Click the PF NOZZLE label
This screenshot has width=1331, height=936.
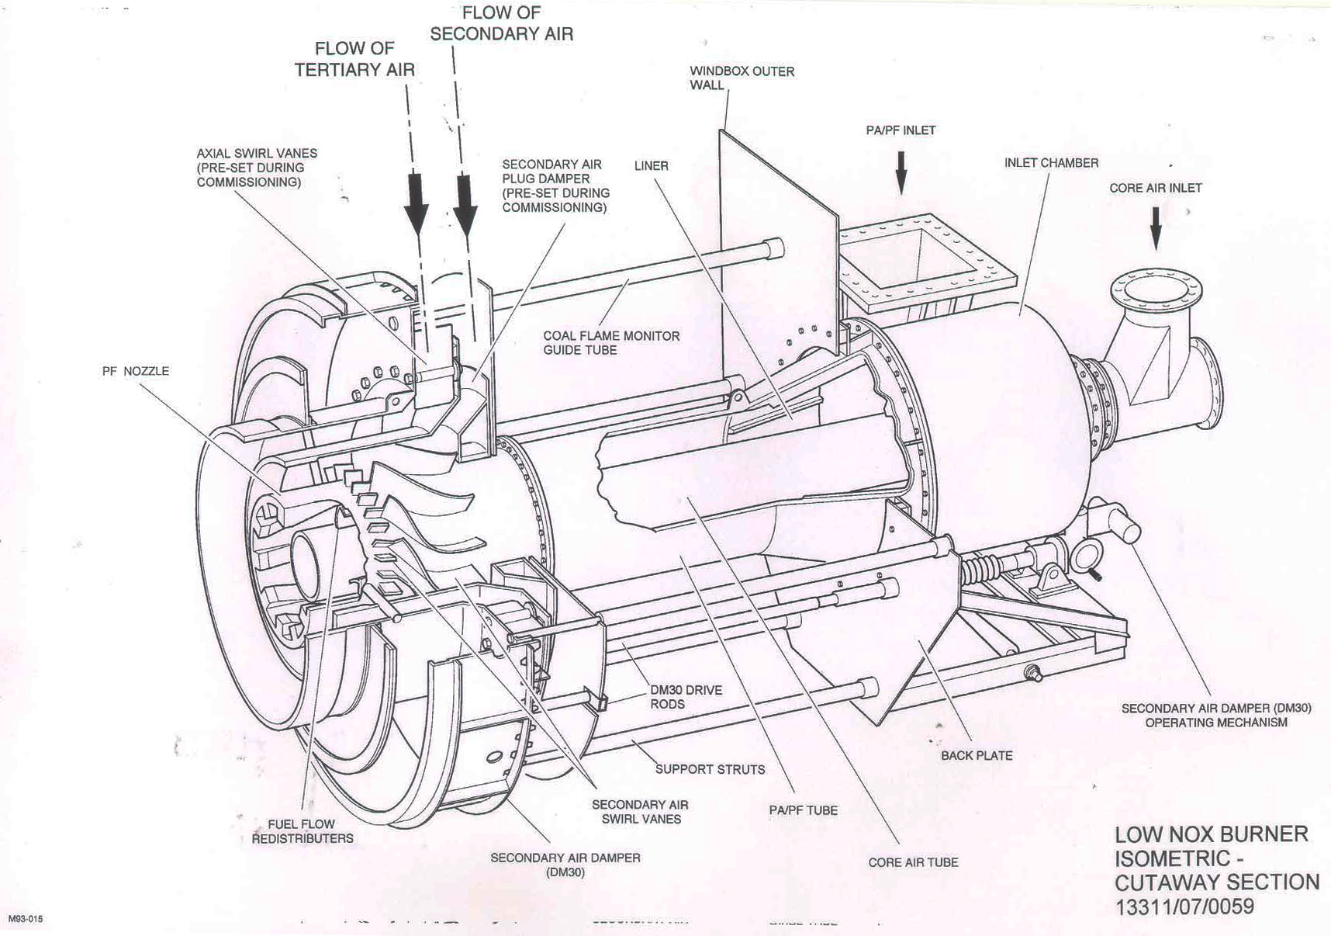tap(135, 371)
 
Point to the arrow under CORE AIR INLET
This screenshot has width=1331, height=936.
tap(1156, 227)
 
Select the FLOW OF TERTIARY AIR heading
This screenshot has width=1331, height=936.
tap(354, 59)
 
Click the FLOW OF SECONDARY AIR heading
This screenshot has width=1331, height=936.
tap(501, 23)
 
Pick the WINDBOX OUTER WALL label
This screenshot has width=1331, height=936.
tap(742, 78)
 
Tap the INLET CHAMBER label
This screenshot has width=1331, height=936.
tap(1051, 163)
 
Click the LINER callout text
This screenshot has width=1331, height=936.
tap(651, 166)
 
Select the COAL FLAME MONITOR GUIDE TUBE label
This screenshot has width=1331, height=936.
tap(610, 342)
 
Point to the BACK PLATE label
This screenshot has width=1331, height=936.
tap(977, 755)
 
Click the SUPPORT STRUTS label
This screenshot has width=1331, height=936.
tap(710, 769)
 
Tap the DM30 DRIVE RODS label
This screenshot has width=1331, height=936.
tap(685, 697)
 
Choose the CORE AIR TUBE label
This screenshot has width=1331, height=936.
tap(913, 862)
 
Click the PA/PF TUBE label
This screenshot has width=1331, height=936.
tap(803, 810)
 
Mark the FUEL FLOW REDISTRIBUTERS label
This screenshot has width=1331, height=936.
tap(302, 831)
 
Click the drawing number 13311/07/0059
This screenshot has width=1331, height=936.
tap(1184, 907)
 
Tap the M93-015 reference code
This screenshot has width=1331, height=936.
tap(26, 920)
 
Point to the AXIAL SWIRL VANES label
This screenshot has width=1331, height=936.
tap(256, 168)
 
